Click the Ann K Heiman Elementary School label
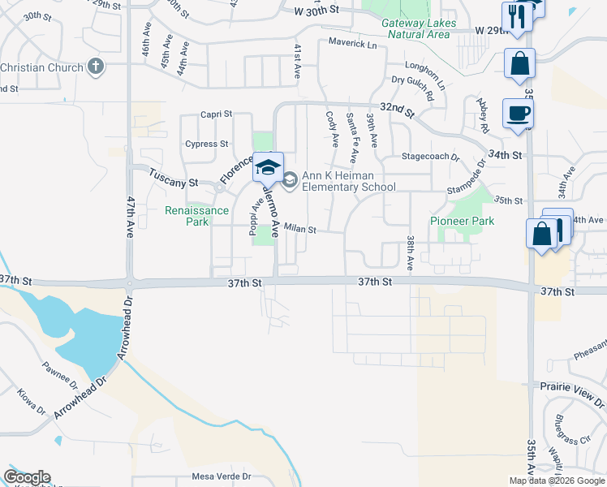tap(348, 181)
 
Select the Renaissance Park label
tap(197, 215)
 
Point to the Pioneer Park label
tap(462, 221)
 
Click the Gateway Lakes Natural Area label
tap(418, 29)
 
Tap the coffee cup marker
tap(518, 114)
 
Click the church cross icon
tap(96, 67)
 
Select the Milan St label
tap(299, 230)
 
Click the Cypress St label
tap(206, 144)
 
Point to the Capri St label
tap(217, 114)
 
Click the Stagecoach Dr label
tap(431, 157)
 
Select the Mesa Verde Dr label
tap(222, 477)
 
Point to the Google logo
tap(27, 477)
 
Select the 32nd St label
tap(398, 108)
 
